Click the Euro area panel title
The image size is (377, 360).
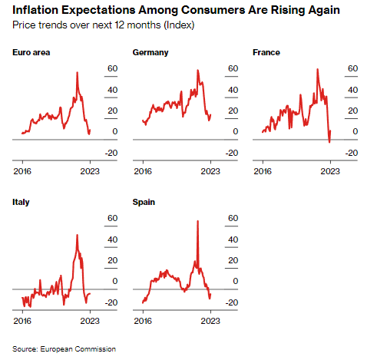pyautogui.click(x=31, y=52)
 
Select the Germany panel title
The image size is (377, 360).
pyautogui.click(x=150, y=53)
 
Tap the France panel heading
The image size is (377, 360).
pyautogui.click(x=266, y=52)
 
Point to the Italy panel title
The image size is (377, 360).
pyautogui.click(x=21, y=203)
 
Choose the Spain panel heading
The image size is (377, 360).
pyautogui.click(x=144, y=203)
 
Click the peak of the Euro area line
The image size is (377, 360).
pyautogui.click(x=78, y=73)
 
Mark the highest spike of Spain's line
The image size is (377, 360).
pyautogui.click(x=197, y=221)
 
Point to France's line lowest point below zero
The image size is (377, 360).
pyautogui.click(x=329, y=142)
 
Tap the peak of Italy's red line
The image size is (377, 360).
pyautogui.click(x=78, y=235)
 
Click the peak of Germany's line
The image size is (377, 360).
pyautogui.click(x=197, y=71)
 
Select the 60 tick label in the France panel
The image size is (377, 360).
pyautogui.click(x=352, y=68)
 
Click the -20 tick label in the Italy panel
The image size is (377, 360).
pyautogui.click(x=111, y=302)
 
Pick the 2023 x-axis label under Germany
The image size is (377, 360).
pyautogui.click(x=210, y=171)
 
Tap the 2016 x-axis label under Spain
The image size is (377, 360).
pyautogui.click(x=143, y=321)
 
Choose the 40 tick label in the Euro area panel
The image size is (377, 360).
pyautogui.click(x=113, y=90)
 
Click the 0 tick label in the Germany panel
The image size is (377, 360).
pyautogui.click(x=236, y=131)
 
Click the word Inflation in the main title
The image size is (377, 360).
pyautogui.click(x=35, y=10)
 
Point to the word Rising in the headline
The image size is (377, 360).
pyautogui.click(x=288, y=10)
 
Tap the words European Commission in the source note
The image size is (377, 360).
pyautogui.click(x=78, y=349)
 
